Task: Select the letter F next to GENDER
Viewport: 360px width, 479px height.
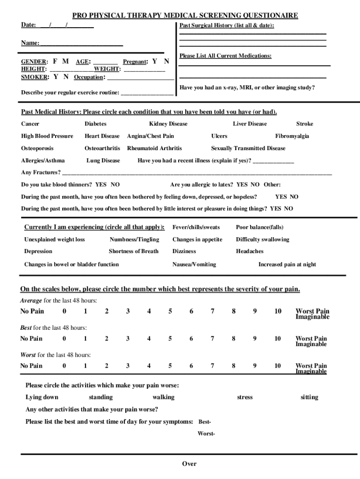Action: pos(55,61)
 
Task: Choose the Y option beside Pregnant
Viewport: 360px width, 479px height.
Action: pos(155,61)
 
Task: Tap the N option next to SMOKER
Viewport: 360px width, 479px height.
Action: pos(66,77)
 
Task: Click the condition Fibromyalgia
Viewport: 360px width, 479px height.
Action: pos(292,136)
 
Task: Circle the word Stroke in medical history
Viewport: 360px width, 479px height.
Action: pos(304,124)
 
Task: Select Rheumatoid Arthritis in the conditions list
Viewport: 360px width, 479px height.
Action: pos(154,148)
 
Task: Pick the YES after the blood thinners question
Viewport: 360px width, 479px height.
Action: pos(101,185)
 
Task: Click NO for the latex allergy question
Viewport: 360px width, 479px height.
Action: pos(255,185)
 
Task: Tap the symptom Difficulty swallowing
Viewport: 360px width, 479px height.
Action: pos(262,239)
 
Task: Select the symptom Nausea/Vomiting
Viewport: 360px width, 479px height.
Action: pos(194,264)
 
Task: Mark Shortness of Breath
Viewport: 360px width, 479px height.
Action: pos(133,251)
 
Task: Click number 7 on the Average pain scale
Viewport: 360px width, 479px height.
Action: pos(212,312)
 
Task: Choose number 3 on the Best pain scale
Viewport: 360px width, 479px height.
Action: pos(128,339)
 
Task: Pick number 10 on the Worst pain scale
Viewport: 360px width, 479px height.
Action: pos(277,366)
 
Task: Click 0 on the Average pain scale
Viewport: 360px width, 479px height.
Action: pos(64,312)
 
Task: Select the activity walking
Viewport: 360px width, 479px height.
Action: pos(163,397)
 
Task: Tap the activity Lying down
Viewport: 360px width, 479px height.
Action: pos(42,397)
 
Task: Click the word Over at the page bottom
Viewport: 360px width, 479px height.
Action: pos(189,464)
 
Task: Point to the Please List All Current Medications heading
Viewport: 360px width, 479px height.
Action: pos(225,56)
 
